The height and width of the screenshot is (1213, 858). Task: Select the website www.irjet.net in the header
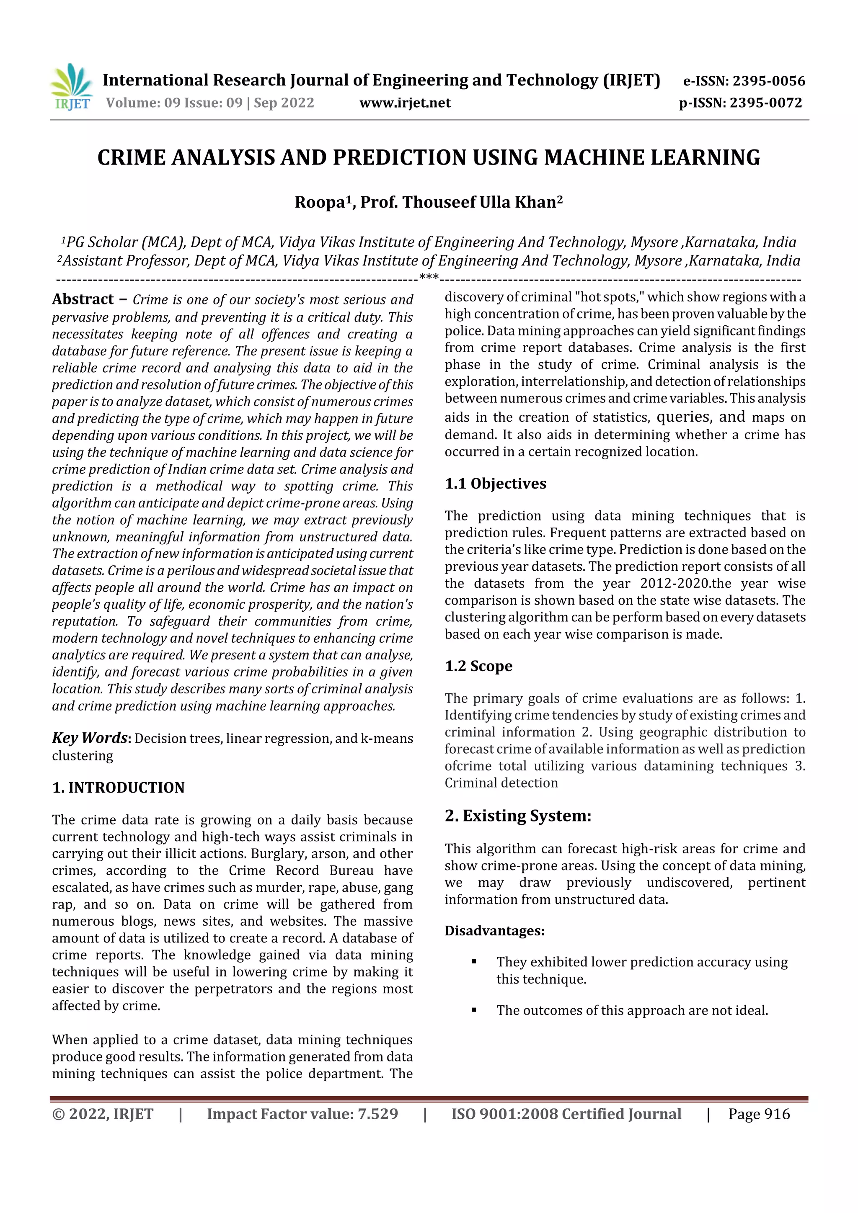(x=405, y=103)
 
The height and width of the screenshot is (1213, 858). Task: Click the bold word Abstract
(x=83, y=299)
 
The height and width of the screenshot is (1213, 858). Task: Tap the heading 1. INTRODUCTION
(x=119, y=788)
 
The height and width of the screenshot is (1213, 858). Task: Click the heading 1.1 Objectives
(x=495, y=484)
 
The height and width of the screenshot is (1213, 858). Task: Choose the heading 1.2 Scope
(x=478, y=666)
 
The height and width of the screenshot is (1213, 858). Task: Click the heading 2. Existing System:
(x=517, y=816)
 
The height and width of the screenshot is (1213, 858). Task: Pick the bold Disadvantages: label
(x=494, y=930)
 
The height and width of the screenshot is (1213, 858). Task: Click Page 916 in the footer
(x=759, y=1114)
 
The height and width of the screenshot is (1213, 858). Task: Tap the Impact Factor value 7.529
(x=377, y=1114)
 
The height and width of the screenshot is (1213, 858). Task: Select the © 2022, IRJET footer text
(x=103, y=1114)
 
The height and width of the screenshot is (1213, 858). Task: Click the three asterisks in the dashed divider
(x=428, y=277)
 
